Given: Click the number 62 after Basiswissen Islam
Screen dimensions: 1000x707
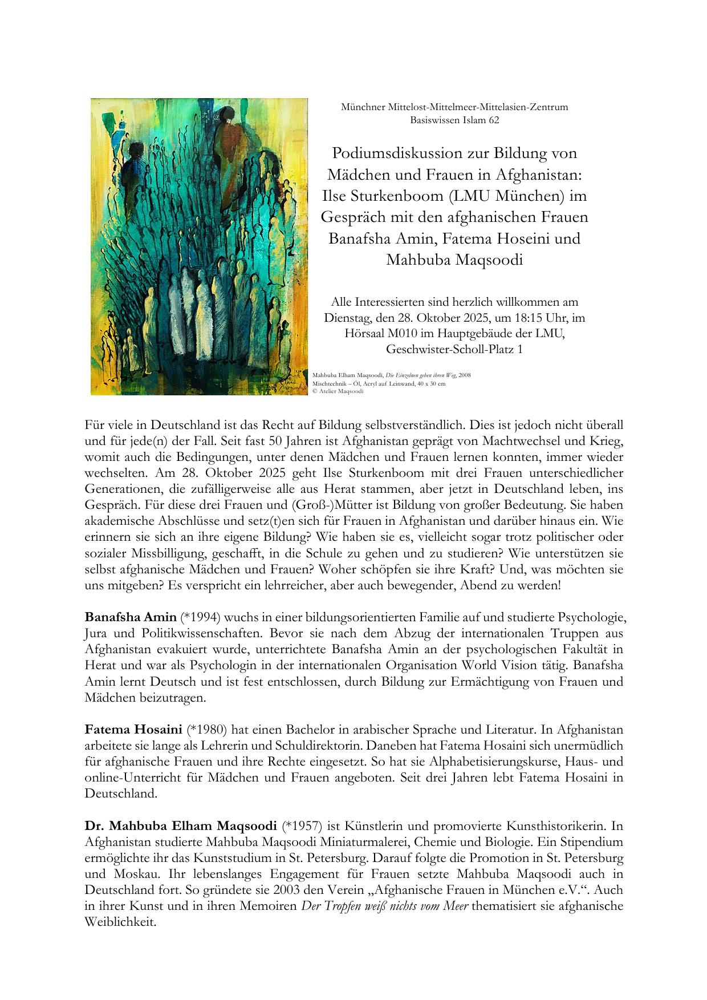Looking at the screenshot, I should [493, 120].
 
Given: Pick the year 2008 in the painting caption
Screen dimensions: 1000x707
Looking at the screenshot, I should [465, 375].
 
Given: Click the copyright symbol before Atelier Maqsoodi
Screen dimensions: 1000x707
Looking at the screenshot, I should [315, 391].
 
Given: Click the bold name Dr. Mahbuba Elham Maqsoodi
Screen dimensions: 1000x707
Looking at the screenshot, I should [181, 826].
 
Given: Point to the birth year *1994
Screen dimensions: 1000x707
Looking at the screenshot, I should [196, 617].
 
